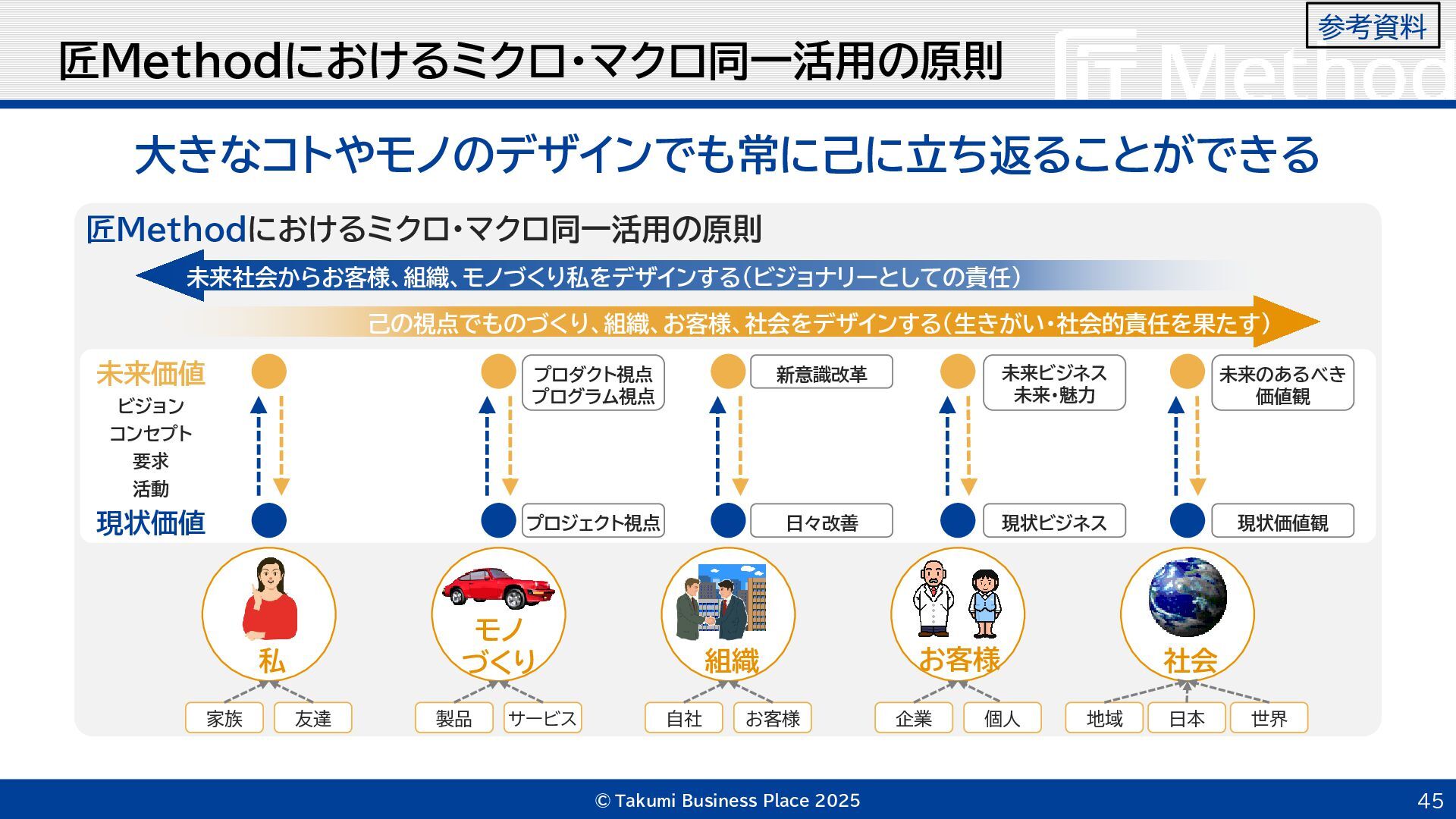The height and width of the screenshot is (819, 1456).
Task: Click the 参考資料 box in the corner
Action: point(1372,27)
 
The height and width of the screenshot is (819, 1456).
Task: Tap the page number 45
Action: point(1430,801)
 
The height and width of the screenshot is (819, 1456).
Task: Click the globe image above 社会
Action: point(1187,596)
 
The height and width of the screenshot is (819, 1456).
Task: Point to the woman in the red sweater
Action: point(270,600)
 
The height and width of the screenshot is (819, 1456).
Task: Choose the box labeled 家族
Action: point(224,718)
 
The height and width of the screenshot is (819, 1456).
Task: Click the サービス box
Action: point(542,718)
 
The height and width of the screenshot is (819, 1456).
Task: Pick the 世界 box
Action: point(1269,718)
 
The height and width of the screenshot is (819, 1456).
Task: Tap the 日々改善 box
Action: point(821,522)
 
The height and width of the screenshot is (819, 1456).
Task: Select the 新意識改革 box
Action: point(821,374)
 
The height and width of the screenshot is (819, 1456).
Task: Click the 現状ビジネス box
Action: point(1054,522)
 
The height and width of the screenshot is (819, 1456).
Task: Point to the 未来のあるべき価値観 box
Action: point(1282,384)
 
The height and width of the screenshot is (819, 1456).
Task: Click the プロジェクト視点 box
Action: point(593,522)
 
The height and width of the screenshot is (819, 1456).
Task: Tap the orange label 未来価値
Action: point(151,374)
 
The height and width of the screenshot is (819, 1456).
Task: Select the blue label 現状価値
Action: point(151,523)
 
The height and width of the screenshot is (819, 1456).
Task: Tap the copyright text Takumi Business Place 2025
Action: point(728,801)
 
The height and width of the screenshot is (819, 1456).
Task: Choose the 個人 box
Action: point(1002,718)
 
